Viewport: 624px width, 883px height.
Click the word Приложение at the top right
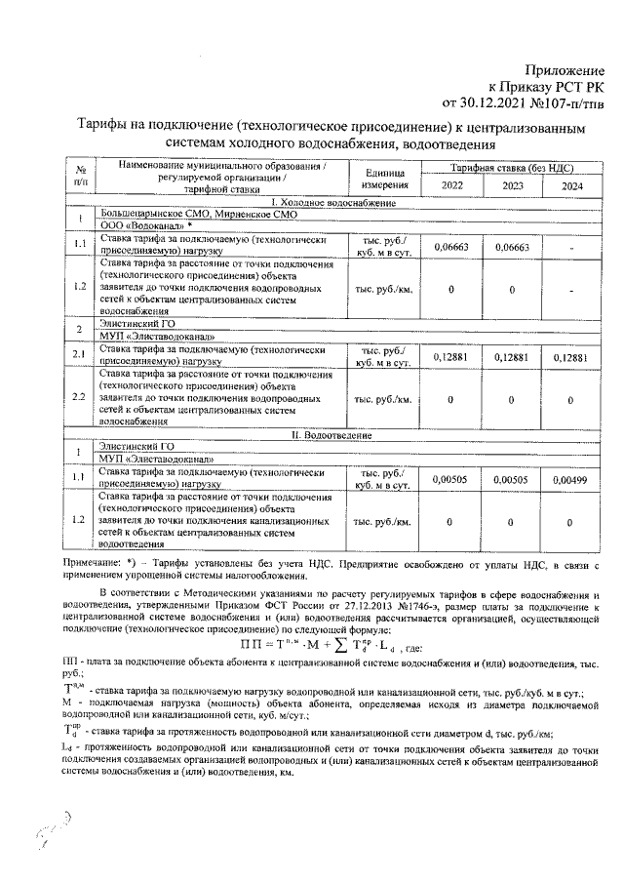pos(565,69)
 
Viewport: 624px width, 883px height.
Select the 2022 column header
pos(452,185)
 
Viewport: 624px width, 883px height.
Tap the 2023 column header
pos(513,185)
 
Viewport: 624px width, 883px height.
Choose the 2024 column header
pos(572,185)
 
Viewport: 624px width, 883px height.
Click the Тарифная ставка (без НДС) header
pos(512,168)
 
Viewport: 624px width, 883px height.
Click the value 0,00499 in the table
pos(572,479)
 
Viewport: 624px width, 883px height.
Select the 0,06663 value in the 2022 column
pos(452,247)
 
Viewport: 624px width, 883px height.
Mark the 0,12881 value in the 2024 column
pos(572,357)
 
